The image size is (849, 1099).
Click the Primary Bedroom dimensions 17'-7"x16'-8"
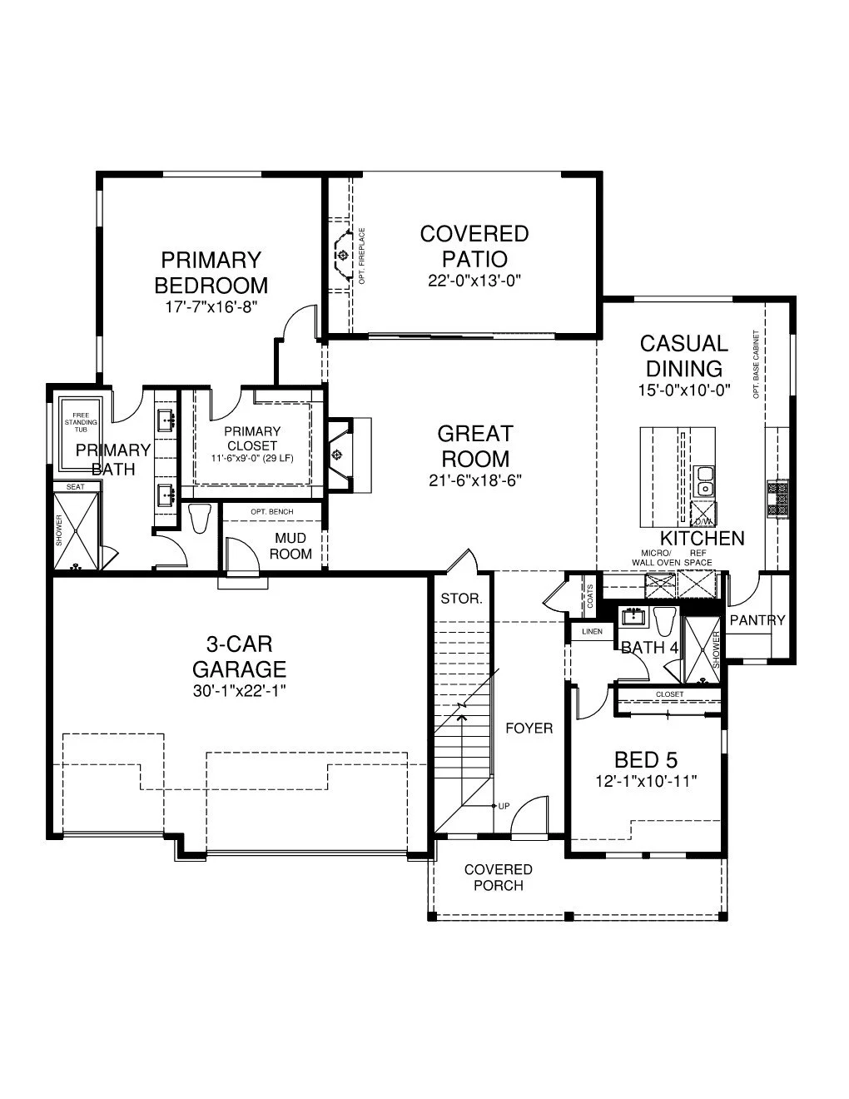coord(211,306)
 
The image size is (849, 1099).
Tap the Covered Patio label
coord(474,246)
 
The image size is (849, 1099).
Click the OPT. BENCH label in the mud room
coord(271,511)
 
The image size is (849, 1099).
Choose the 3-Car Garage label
coord(240,656)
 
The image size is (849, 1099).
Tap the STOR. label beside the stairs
coord(461,599)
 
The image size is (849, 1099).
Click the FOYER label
coord(529,729)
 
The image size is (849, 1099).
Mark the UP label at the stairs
coord(504,806)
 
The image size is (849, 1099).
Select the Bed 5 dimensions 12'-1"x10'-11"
coord(646,781)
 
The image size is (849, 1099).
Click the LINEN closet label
coord(592,632)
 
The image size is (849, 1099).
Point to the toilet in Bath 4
coord(663,622)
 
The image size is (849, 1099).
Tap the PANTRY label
coord(757,620)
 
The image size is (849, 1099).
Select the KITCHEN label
coord(703,539)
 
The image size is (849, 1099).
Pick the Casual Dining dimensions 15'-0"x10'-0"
coord(683,390)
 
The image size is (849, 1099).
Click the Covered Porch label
coord(499,878)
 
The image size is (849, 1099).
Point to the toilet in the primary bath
coord(199,519)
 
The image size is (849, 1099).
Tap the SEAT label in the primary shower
coord(75,486)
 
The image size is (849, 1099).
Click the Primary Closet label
coord(252,438)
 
